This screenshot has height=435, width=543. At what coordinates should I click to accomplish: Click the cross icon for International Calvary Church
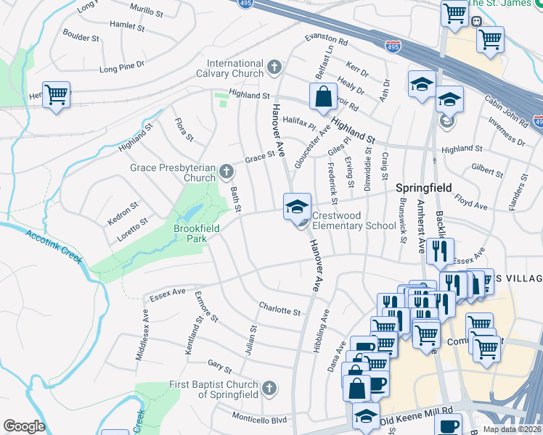[x=274, y=68]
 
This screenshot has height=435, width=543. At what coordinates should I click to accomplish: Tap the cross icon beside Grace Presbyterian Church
[x=226, y=173]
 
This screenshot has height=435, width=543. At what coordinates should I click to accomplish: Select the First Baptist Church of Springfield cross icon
[x=270, y=389]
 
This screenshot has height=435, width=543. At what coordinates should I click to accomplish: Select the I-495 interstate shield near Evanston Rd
[x=393, y=46]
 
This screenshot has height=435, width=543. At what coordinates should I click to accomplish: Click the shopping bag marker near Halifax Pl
[x=322, y=96]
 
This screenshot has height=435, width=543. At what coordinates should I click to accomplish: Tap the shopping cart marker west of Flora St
[x=56, y=94]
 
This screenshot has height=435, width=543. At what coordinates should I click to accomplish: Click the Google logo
[x=24, y=426]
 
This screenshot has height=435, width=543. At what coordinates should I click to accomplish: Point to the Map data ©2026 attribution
[x=512, y=429]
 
